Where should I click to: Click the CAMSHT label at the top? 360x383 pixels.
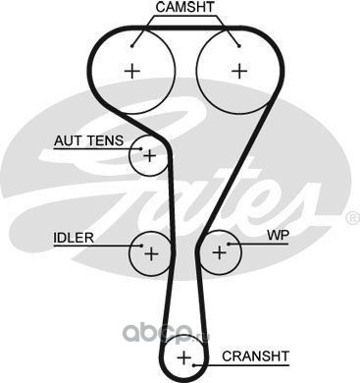(x=184, y=7)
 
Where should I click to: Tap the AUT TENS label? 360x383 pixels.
(x=89, y=140)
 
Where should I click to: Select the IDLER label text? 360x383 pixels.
(x=74, y=238)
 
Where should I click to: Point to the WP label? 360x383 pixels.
(x=278, y=235)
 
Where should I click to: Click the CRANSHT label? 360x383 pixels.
(x=255, y=356)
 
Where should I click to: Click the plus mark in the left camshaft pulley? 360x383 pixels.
(x=132, y=71)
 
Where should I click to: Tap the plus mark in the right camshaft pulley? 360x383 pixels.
(x=239, y=71)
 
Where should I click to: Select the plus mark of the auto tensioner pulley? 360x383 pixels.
(x=150, y=156)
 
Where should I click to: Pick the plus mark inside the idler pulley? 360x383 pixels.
(x=151, y=253)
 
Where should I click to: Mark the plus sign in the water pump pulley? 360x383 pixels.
(x=220, y=252)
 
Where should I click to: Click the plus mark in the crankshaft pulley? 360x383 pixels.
(x=184, y=357)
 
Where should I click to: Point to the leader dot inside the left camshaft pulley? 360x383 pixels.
(x=132, y=46)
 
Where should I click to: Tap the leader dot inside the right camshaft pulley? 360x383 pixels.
(x=239, y=46)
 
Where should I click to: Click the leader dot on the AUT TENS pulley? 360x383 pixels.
(x=141, y=149)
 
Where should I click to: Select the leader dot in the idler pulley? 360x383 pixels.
(x=141, y=246)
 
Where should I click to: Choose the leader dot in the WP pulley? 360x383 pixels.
(x=229, y=244)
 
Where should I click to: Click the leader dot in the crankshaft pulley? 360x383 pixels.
(x=194, y=365)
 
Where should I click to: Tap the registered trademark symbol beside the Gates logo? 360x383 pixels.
(x=353, y=219)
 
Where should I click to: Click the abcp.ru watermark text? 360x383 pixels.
(x=166, y=332)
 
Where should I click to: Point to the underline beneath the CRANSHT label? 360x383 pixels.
(x=241, y=365)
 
